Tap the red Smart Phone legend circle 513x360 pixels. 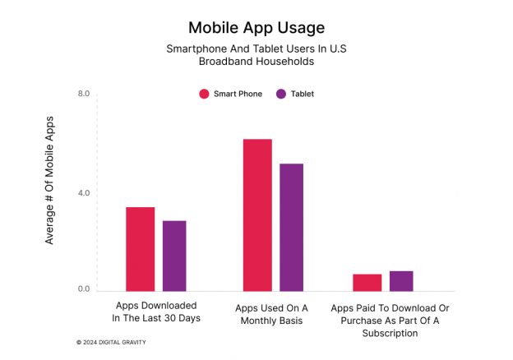pyautogui.click(x=204, y=94)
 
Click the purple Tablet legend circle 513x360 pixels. pyautogui.click(x=281, y=94)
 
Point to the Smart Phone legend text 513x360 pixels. pyautogui.click(x=238, y=94)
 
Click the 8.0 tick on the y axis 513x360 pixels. pyautogui.click(x=84, y=94)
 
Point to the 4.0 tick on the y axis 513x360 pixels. pyautogui.click(x=84, y=193)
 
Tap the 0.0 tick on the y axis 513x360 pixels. pyautogui.click(x=84, y=289)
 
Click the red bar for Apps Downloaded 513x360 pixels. pyautogui.click(x=140, y=249)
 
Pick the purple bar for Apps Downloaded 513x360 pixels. pyautogui.click(x=174, y=256)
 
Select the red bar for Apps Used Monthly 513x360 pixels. pyautogui.click(x=257, y=215)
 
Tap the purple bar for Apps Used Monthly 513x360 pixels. pyautogui.click(x=292, y=227)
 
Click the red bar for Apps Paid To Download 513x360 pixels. pyautogui.click(x=367, y=282)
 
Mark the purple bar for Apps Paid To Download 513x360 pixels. pyautogui.click(x=401, y=280)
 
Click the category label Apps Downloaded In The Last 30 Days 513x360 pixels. pyautogui.click(x=156, y=312)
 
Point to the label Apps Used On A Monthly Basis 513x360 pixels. pyautogui.click(x=271, y=314)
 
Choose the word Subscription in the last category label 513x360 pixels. pyautogui.click(x=391, y=334)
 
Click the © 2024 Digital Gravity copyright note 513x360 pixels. pyautogui.click(x=111, y=341)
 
